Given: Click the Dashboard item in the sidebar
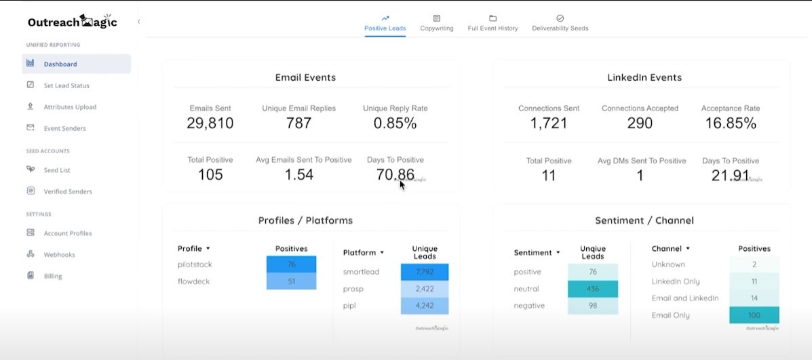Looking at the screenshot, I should click(60, 64).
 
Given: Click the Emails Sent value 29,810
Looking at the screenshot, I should click(210, 123).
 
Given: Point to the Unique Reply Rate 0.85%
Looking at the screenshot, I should click(395, 123).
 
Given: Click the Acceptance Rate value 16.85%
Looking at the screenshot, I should click(730, 123).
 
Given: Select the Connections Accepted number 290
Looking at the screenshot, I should click(640, 123).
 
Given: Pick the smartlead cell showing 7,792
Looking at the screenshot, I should click(425, 272).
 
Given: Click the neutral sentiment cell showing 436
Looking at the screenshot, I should click(593, 289).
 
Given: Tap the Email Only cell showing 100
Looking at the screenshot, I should click(754, 315).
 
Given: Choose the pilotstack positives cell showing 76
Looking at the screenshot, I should click(291, 264).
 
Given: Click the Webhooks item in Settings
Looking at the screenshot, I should click(59, 255).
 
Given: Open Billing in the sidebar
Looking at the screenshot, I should click(53, 276).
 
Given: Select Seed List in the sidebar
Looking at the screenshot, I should click(57, 170).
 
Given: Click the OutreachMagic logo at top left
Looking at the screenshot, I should click(72, 22).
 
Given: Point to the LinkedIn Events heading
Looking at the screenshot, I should click(644, 77).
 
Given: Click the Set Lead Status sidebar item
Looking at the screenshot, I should click(66, 85).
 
